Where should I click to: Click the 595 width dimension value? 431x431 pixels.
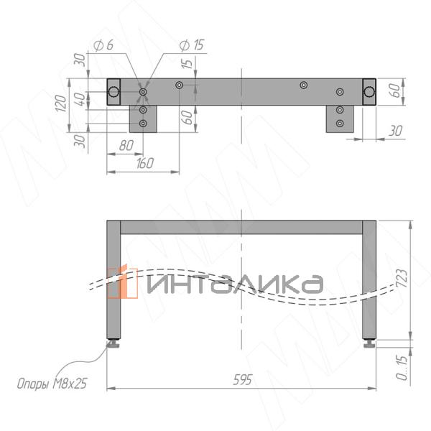(243, 380)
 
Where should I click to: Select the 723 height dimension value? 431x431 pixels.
(402, 278)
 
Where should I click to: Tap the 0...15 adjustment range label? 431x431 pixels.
(402, 368)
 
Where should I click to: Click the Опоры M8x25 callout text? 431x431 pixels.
(52, 384)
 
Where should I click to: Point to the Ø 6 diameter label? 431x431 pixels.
(103, 45)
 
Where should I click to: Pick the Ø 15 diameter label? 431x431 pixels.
(192, 45)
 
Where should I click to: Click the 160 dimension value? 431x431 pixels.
(145, 163)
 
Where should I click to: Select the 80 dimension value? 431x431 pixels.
(126, 145)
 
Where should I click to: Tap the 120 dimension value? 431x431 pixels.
(61, 103)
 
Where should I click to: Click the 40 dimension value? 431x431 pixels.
(80, 99)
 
